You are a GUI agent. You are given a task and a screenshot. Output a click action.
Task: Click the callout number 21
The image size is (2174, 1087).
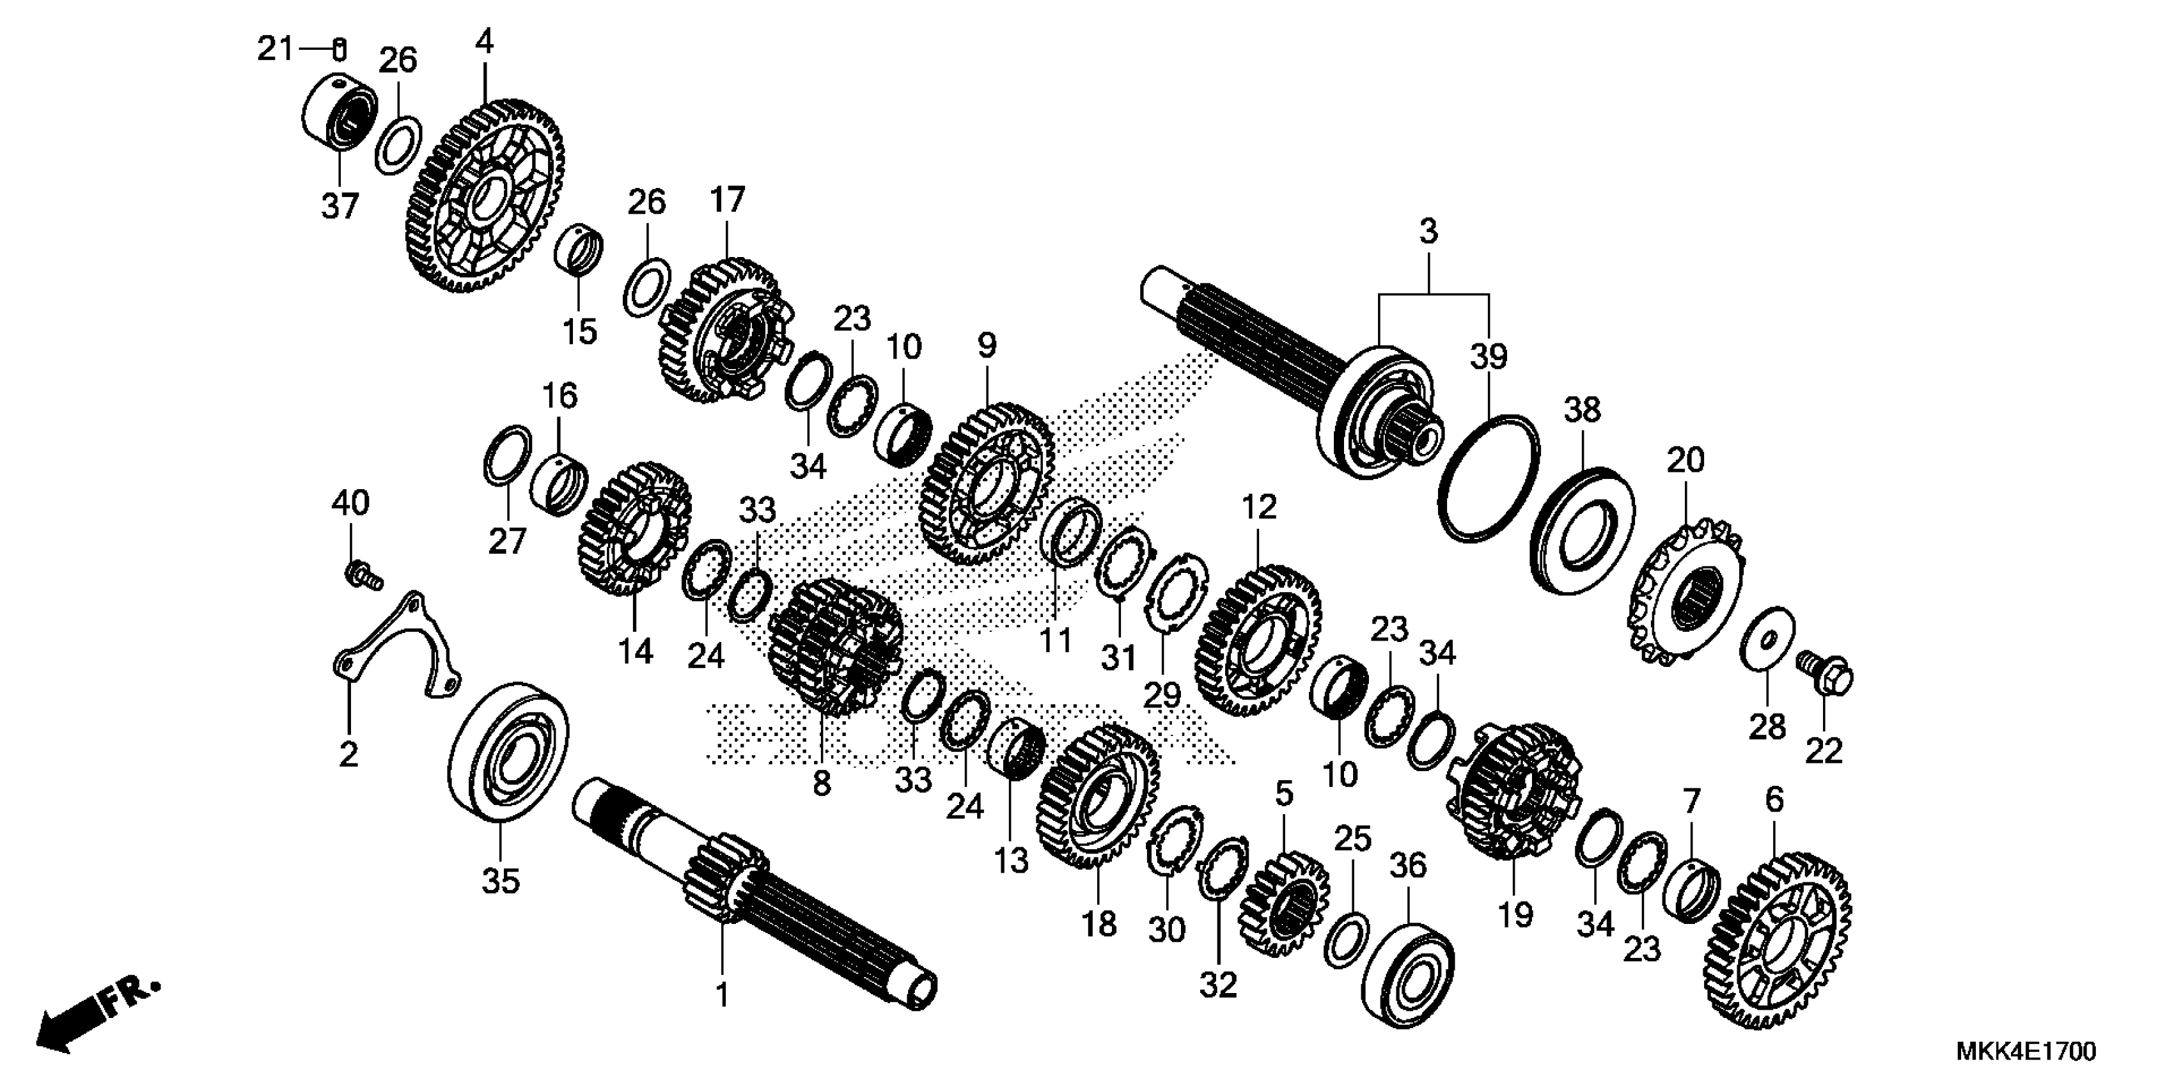coord(274,50)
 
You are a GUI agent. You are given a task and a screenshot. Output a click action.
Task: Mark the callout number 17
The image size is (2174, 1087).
coord(728,200)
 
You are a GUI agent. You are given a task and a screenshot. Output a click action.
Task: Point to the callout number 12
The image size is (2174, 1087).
coord(1259,508)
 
